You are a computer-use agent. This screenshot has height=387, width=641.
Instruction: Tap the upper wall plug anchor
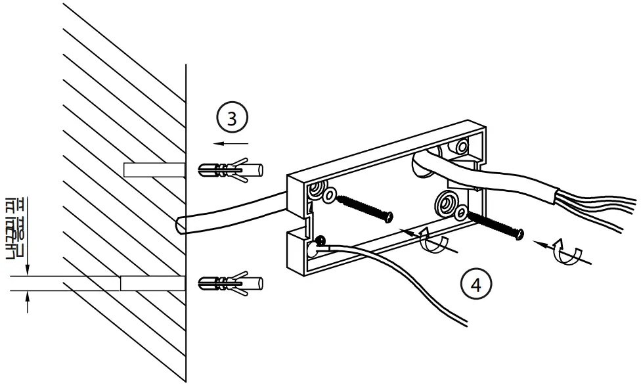[x=229, y=171]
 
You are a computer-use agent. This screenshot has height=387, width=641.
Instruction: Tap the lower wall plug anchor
[x=229, y=284]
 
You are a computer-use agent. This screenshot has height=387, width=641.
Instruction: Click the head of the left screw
[x=389, y=217]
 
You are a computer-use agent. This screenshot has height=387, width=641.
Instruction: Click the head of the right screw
[x=520, y=233]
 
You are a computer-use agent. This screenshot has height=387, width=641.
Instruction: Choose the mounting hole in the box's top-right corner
[x=463, y=145]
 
